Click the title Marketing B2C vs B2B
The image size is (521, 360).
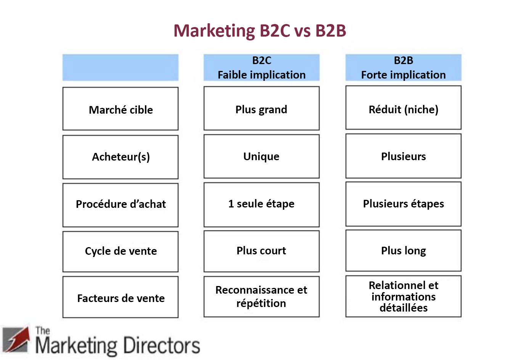coord(260,31)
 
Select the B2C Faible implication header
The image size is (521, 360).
coord(261,67)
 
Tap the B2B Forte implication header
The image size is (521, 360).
coord(403,67)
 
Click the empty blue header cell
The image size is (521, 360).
coord(120,67)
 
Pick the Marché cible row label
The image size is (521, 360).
coord(120,109)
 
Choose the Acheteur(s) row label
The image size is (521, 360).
coord(120,157)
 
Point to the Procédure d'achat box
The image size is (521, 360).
coord(120,204)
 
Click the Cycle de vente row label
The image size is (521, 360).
coord(120,251)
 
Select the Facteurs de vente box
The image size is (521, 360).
coord(120,298)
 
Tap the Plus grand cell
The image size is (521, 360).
coord(261,109)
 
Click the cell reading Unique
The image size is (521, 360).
coord(261,156)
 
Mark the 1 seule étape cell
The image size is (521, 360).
coord(261,204)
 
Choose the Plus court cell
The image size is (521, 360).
coord(261,251)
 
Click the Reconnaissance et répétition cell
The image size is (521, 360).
coord(261,297)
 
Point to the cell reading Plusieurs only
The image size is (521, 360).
coord(403,156)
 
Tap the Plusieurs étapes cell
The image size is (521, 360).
coord(403,204)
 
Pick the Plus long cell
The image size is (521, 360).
coord(403,251)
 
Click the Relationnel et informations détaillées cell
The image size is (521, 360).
coord(403,296)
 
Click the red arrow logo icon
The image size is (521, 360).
coord(16,339)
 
